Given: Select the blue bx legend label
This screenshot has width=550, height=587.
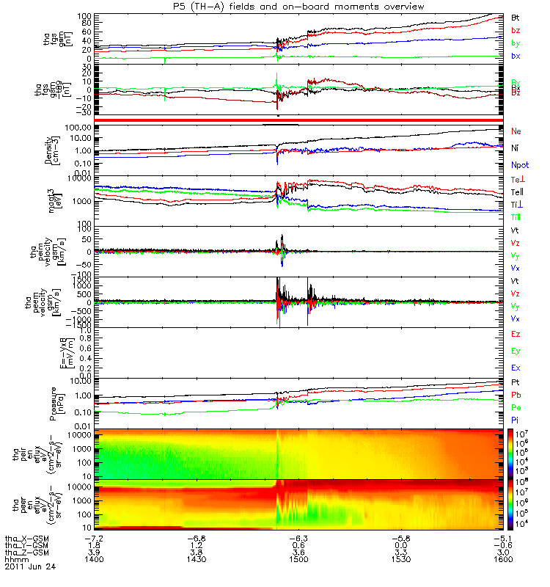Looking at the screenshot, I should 516,56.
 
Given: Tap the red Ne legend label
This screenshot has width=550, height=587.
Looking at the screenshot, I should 516,131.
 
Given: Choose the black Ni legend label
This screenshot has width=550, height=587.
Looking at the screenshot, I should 516,147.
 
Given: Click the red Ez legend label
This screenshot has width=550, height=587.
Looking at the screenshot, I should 516,334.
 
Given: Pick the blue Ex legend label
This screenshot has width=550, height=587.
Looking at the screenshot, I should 516,367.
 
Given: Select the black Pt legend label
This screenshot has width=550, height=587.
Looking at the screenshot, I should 516,384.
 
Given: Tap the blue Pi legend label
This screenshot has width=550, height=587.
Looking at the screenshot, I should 516,419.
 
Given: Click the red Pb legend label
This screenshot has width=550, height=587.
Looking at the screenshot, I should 516,395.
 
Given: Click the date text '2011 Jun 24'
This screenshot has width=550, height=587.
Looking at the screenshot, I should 29,567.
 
